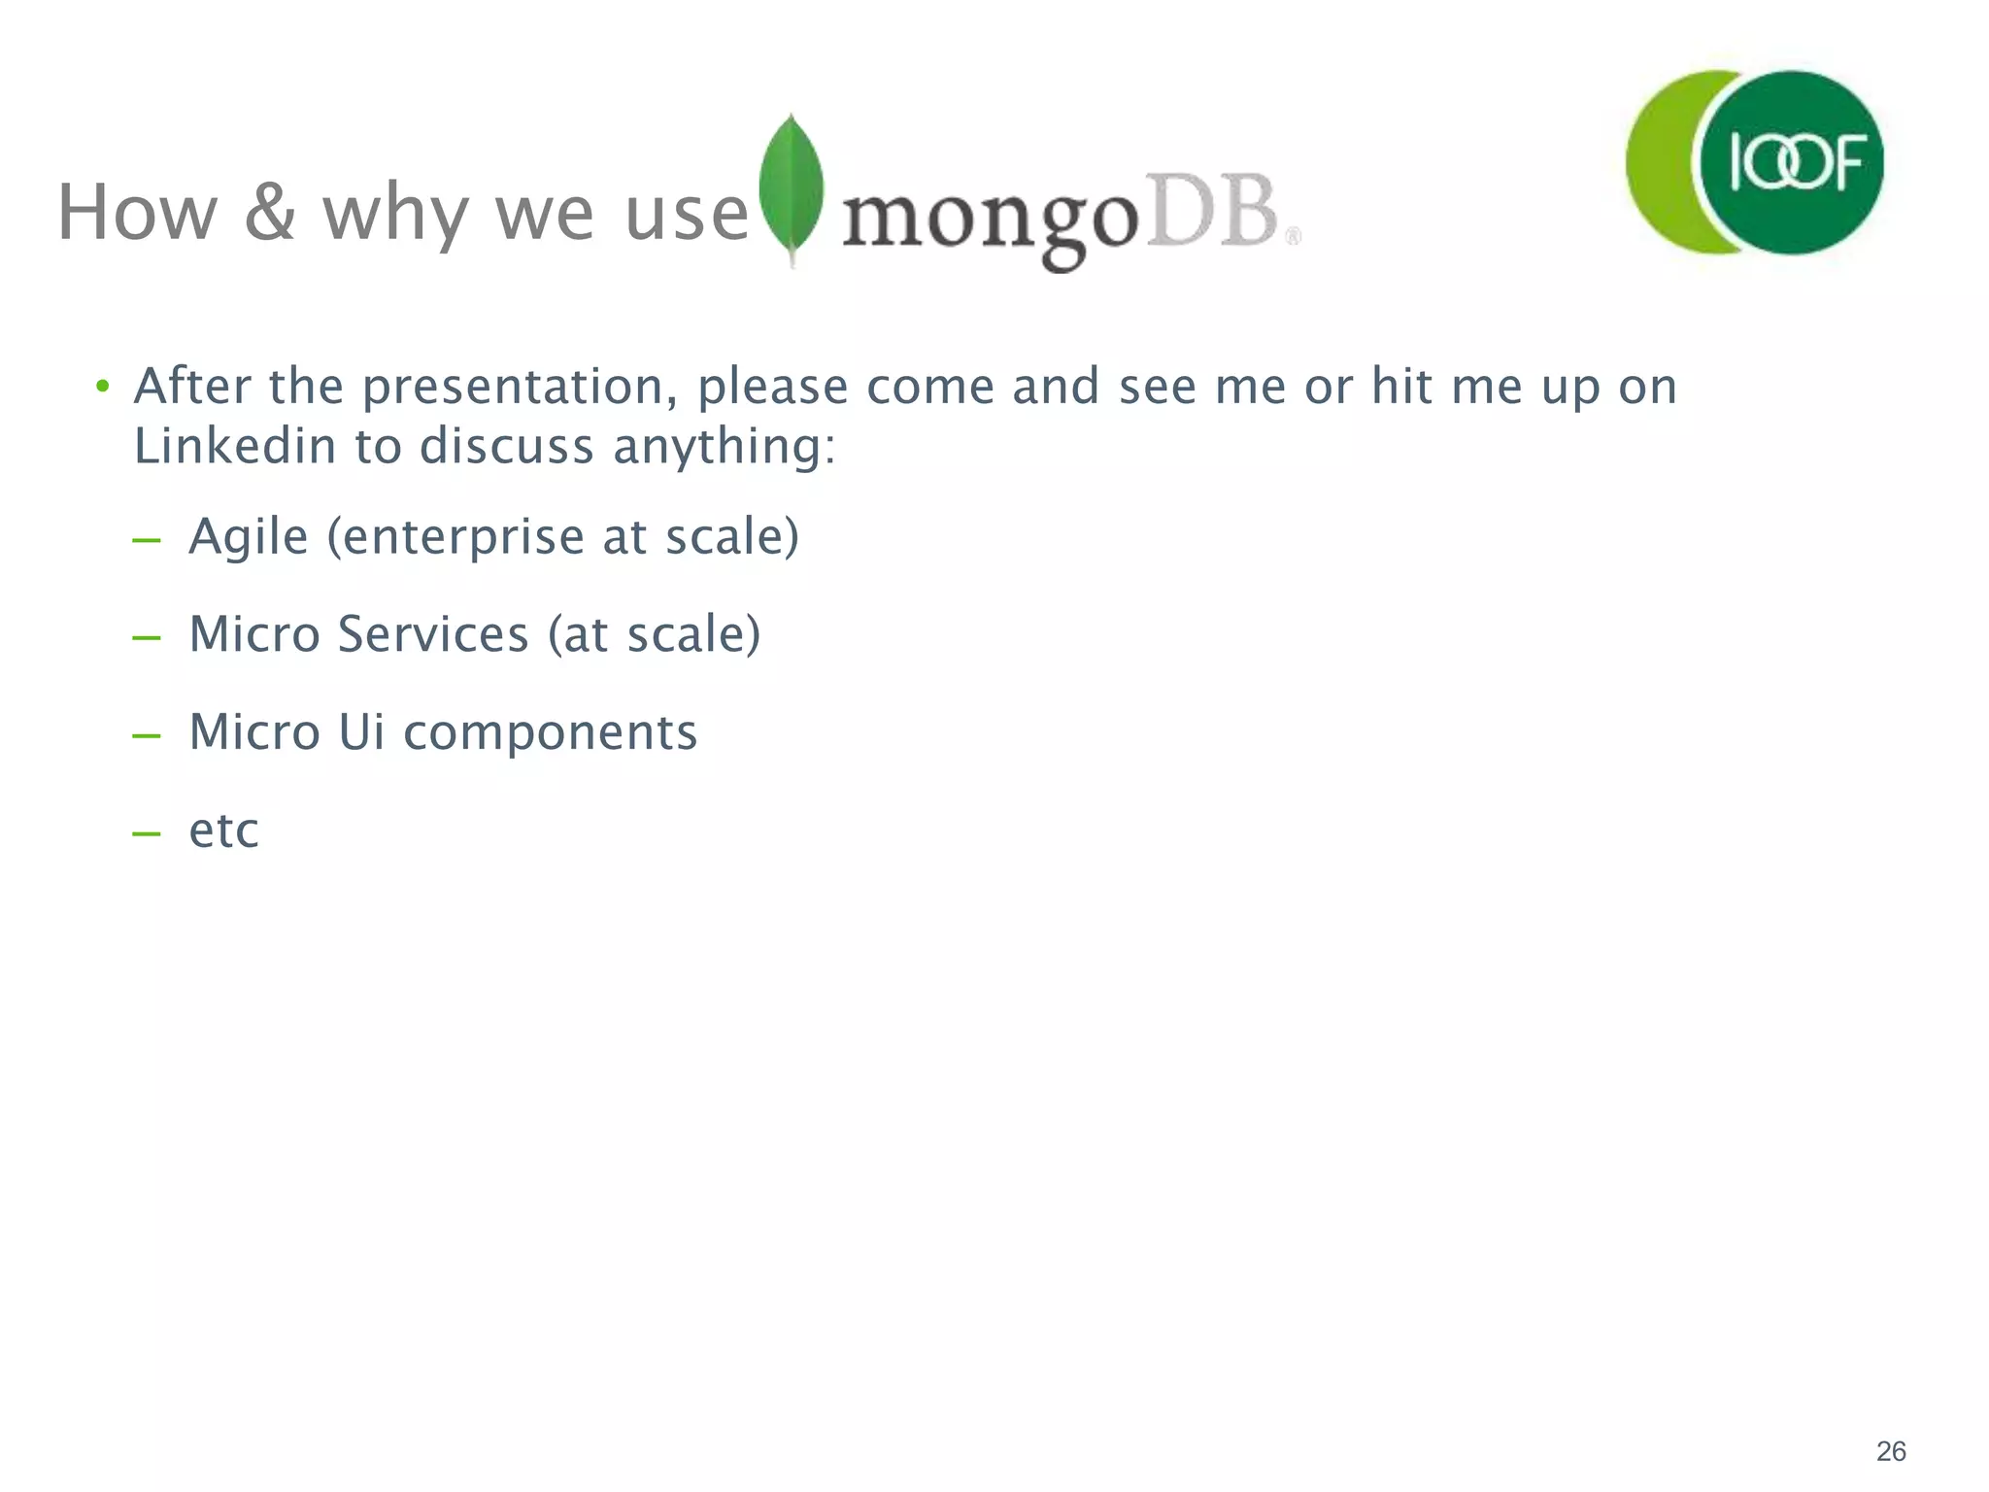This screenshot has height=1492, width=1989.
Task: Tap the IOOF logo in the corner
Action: [1754, 163]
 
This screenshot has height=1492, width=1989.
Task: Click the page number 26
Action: [1890, 1451]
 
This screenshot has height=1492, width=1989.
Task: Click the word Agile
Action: [248, 537]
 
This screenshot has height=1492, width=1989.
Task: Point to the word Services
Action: [432, 635]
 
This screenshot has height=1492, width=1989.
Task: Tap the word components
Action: [550, 733]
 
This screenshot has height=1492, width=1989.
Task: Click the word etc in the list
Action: [223, 831]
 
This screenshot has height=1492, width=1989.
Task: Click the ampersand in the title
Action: [269, 213]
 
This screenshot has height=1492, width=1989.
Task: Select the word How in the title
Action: [137, 213]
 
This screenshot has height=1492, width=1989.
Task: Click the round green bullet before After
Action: [102, 388]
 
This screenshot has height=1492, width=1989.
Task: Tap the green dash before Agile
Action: [147, 540]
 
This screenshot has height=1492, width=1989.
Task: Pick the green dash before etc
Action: [147, 833]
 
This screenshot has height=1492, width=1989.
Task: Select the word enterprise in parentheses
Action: [463, 538]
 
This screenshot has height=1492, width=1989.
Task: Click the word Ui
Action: [361, 732]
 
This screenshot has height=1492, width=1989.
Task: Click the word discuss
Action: [506, 447]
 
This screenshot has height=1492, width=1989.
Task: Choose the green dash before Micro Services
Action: [147, 638]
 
